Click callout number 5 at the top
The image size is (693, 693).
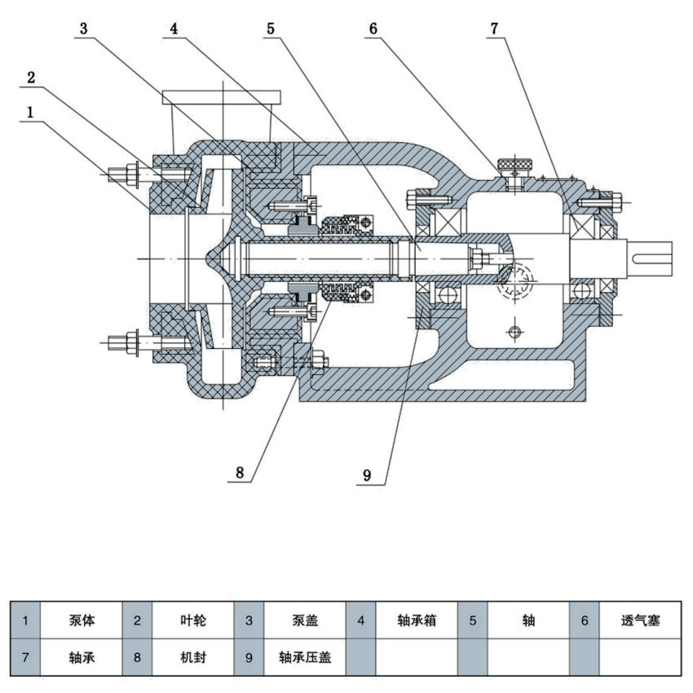(x=271, y=29)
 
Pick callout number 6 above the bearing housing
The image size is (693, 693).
(x=373, y=29)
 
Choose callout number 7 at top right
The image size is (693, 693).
(x=494, y=29)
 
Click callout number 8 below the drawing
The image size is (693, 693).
(x=240, y=472)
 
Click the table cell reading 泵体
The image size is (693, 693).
(x=82, y=620)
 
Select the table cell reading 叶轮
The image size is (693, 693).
(x=193, y=620)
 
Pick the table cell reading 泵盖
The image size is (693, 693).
(x=305, y=620)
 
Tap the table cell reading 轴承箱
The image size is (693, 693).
(x=417, y=620)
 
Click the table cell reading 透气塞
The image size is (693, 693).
(x=639, y=620)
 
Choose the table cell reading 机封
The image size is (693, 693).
(x=193, y=657)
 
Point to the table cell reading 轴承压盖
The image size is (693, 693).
(x=305, y=657)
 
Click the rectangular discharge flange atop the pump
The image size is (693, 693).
(x=221, y=98)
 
